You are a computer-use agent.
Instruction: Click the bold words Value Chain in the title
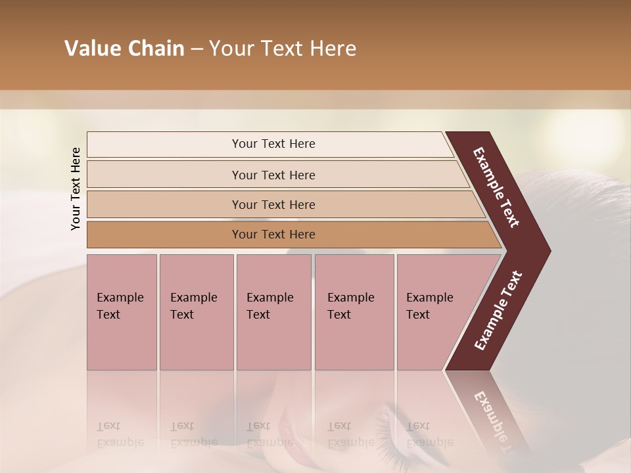(124, 49)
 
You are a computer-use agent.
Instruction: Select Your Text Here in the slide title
(283, 49)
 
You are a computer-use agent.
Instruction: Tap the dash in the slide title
(197, 49)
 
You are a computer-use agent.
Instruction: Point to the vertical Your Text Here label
(76, 189)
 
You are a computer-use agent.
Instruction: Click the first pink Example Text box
(122, 312)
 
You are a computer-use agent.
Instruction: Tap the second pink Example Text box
(196, 312)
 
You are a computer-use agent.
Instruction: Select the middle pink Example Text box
(273, 312)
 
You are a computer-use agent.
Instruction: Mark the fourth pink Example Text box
(354, 312)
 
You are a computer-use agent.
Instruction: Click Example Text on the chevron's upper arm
(496, 187)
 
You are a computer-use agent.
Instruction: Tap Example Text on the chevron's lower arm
(498, 311)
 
